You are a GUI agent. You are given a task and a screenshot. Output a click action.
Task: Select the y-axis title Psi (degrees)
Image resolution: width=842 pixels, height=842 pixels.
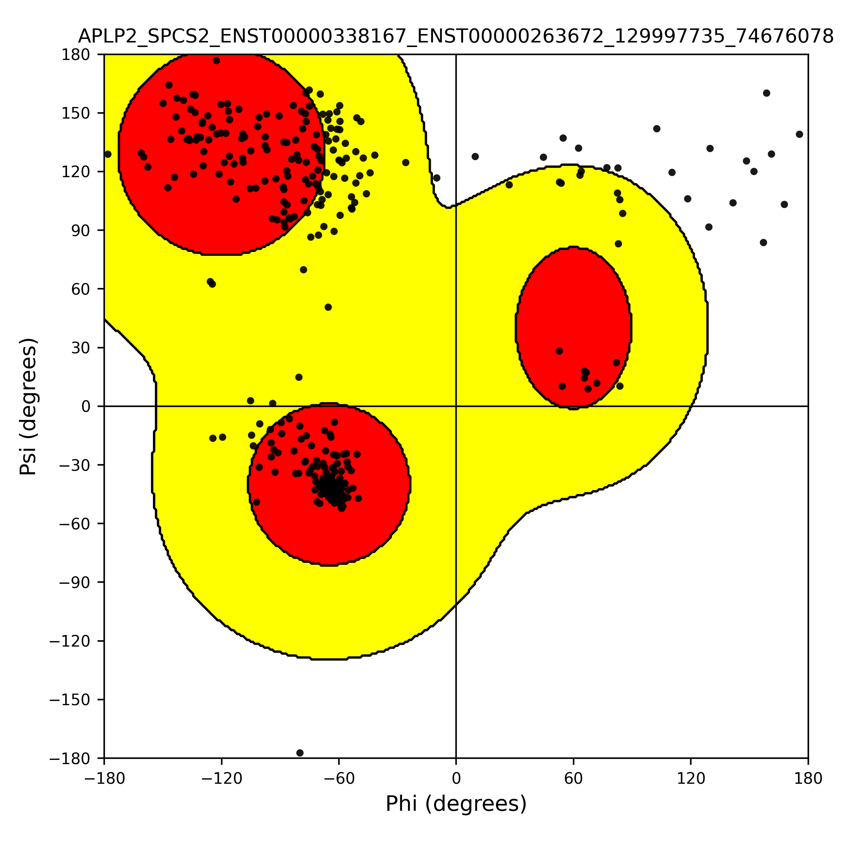click(28, 407)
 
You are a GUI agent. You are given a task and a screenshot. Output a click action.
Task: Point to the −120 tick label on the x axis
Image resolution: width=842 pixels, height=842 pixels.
click(221, 778)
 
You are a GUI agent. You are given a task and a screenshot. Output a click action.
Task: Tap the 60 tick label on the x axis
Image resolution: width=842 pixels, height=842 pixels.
click(573, 778)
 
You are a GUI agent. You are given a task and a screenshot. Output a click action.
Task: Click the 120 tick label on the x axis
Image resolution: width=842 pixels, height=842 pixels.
click(691, 778)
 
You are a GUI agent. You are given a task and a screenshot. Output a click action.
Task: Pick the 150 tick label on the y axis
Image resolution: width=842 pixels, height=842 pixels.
click(76, 113)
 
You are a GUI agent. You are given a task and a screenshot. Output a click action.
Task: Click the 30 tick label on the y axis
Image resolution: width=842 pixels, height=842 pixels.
click(81, 348)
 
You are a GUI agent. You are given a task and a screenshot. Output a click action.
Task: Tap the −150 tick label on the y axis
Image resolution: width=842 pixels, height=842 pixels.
click(70, 700)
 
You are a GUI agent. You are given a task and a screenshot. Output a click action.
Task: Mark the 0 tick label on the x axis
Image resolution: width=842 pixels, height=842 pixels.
click(456, 778)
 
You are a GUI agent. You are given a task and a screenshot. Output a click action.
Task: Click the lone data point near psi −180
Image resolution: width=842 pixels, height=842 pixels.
click(300, 753)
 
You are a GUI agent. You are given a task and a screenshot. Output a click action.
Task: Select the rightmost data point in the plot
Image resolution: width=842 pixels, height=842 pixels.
click(799, 134)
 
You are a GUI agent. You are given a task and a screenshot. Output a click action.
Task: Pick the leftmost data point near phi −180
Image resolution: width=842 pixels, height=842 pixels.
click(108, 154)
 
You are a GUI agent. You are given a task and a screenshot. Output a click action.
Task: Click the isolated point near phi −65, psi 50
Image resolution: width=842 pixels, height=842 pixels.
click(328, 307)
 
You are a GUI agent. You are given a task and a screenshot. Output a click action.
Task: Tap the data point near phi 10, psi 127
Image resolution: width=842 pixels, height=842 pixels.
click(475, 156)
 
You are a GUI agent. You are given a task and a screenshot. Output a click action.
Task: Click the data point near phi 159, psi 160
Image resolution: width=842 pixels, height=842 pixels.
click(767, 93)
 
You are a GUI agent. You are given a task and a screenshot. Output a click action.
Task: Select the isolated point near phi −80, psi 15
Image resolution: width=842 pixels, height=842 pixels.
click(299, 377)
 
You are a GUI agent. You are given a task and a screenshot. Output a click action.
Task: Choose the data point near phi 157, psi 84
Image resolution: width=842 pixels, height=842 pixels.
click(763, 242)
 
